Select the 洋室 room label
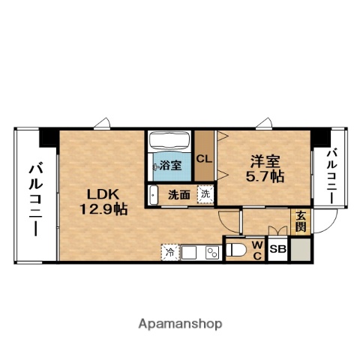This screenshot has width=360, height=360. (x=265, y=160)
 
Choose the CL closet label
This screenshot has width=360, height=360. (x=204, y=158)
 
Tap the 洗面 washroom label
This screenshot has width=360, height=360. (x=178, y=194)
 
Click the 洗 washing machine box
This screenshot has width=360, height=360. (x=205, y=194)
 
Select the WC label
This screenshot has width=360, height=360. (x=255, y=250)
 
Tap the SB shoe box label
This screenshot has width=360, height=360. (x=277, y=249)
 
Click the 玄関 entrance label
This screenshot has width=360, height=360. (x=300, y=220)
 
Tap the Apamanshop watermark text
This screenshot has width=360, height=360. (x=180, y=324)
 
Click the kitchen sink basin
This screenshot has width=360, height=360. (x=188, y=253)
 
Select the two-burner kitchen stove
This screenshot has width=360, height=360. (x=211, y=253)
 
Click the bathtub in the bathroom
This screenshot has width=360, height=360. (x=170, y=142)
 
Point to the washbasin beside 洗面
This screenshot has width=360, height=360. (x=154, y=194)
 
